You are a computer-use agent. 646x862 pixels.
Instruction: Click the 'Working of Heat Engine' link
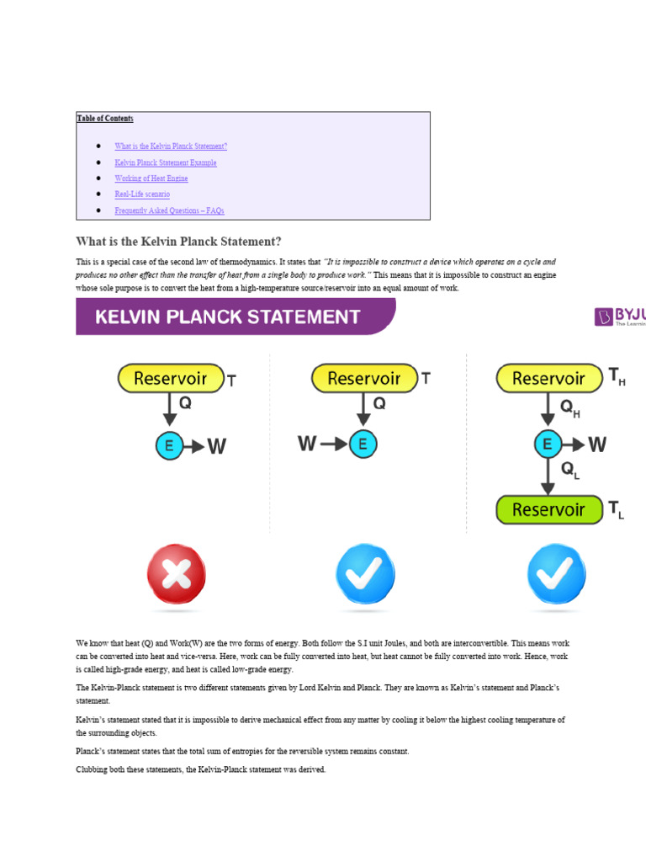(x=151, y=178)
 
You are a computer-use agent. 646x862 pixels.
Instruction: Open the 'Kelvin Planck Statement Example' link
(x=166, y=162)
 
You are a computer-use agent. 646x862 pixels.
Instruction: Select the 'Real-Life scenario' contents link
(x=142, y=194)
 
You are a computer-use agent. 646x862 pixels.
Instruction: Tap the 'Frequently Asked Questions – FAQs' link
(x=169, y=210)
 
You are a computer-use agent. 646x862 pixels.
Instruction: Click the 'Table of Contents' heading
(x=105, y=119)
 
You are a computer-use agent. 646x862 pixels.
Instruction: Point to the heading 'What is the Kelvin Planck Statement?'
(x=178, y=241)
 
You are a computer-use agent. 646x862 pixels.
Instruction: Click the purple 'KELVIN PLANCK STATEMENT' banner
(x=236, y=317)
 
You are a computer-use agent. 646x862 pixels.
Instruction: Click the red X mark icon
(x=176, y=574)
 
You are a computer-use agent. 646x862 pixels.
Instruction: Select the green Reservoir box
(x=549, y=509)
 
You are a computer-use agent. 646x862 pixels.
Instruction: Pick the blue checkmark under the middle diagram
(x=364, y=574)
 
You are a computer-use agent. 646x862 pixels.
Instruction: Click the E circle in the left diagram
(x=169, y=445)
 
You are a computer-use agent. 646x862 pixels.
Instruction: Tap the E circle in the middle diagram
(x=363, y=444)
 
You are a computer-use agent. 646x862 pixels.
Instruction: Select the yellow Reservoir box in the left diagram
(x=171, y=378)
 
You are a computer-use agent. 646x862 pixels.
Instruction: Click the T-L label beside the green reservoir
(x=617, y=509)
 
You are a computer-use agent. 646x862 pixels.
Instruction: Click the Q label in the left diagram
(x=185, y=403)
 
